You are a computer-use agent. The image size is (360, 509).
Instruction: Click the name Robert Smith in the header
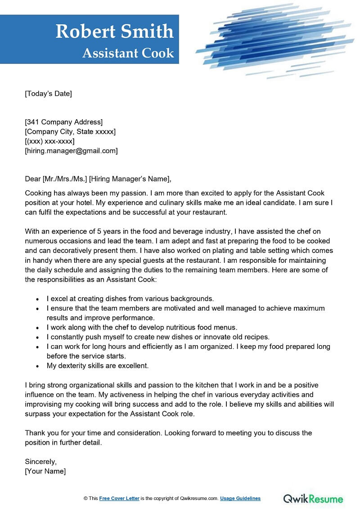coord(114,32)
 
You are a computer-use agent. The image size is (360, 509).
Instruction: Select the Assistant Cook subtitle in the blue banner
coord(128,53)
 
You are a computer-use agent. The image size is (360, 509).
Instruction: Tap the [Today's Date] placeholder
coord(48,94)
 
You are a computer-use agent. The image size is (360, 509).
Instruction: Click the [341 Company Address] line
coord(63,122)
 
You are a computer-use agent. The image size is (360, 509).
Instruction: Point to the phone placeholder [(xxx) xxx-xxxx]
coord(49,141)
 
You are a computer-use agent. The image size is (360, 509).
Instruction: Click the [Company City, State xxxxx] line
coord(70,132)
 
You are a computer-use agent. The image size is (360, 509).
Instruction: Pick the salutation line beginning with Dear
coord(98,179)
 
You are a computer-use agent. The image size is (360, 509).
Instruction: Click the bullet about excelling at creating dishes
coord(130,298)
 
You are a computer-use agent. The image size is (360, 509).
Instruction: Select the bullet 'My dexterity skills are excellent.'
coord(98,365)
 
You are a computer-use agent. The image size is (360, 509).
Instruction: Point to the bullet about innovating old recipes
coord(158,337)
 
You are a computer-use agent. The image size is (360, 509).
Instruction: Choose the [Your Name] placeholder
coord(45,471)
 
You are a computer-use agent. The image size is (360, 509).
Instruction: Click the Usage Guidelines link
coord(240,499)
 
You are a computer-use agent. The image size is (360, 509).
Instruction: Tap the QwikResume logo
coord(313,498)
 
